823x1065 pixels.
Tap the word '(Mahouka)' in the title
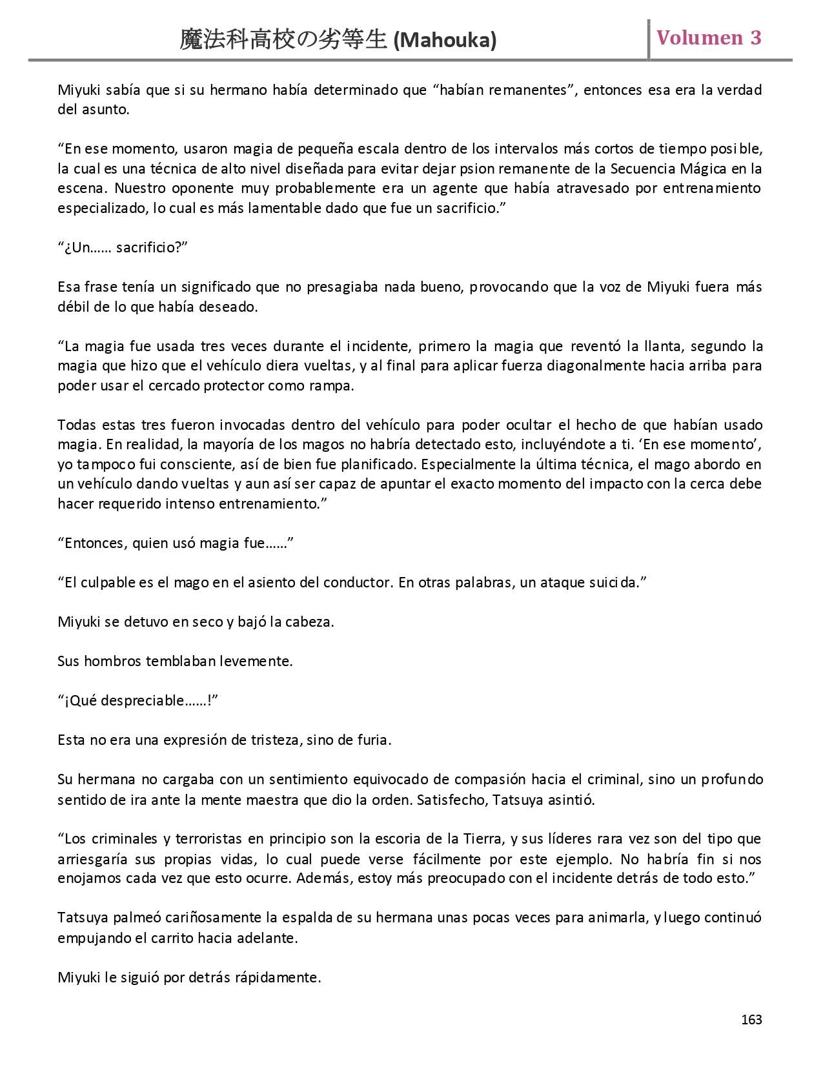(445, 41)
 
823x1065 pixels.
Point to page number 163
(751, 1019)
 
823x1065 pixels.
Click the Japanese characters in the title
(284, 40)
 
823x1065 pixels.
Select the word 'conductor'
(359, 583)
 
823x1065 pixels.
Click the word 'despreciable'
(144, 701)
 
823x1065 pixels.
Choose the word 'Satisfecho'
(451, 800)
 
